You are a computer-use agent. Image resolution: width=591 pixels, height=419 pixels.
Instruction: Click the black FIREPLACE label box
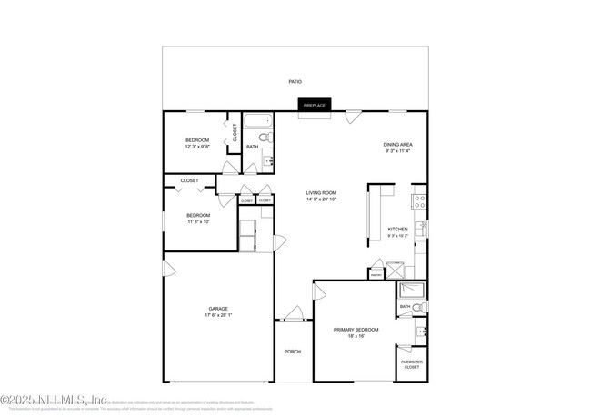pyautogui.click(x=314, y=105)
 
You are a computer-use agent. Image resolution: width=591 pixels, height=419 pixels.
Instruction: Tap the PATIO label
pyautogui.click(x=295, y=82)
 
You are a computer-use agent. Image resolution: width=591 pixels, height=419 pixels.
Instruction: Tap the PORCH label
pyautogui.click(x=292, y=352)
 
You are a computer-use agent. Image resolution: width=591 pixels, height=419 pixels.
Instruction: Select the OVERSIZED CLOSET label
pyautogui.click(x=412, y=364)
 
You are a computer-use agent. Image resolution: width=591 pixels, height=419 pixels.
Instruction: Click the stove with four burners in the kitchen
pyautogui.click(x=419, y=201)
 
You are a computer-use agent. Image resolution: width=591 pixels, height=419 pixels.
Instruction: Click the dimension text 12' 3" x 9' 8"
pyautogui.click(x=197, y=147)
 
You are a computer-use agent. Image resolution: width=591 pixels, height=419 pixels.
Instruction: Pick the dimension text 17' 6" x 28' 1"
pyautogui.click(x=218, y=316)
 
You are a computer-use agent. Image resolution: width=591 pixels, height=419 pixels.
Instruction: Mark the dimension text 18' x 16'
pyautogui.click(x=356, y=336)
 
